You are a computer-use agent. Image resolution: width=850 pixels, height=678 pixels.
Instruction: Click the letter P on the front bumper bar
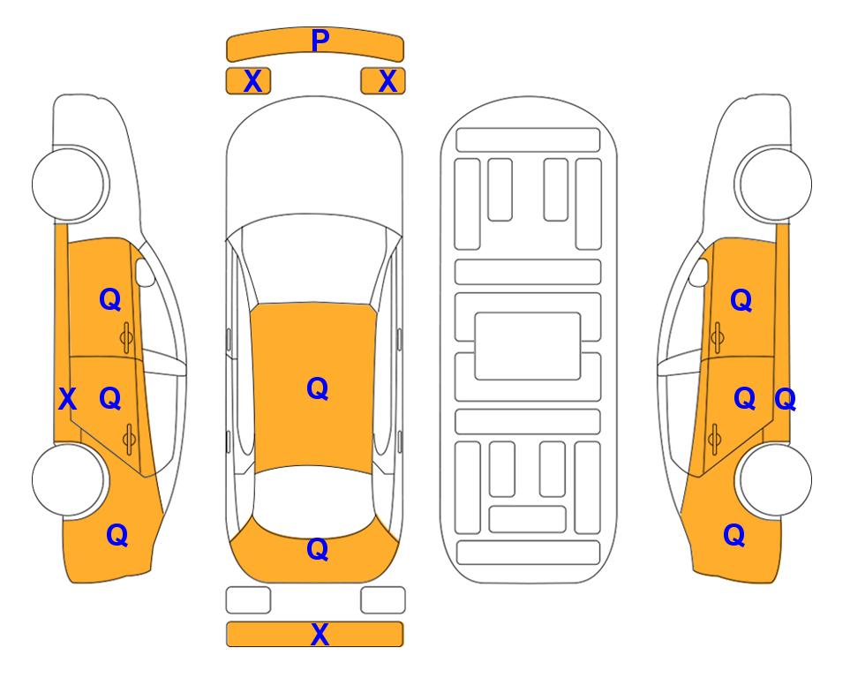[x=320, y=41]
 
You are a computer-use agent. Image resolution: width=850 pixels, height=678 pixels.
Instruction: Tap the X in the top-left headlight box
[x=252, y=81]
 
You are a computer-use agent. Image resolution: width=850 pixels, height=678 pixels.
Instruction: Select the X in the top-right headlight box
[x=387, y=81]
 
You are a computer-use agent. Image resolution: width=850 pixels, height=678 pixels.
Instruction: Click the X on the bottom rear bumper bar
[x=320, y=634]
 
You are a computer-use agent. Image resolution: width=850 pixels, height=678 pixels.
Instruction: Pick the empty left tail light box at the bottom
[x=248, y=600]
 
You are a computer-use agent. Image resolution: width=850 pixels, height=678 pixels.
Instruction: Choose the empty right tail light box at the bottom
[x=383, y=600]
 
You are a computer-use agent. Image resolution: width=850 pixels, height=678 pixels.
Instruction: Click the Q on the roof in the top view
[x=317, y=388]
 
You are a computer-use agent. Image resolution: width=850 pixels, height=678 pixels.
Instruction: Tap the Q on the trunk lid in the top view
[x=317, y=549]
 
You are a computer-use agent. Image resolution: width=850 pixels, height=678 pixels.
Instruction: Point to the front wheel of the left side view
[x=69, y=184]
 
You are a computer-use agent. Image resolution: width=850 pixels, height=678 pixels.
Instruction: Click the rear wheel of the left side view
[x=69, y=479]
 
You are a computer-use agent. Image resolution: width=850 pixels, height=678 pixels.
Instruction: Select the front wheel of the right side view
[x=775, y=184]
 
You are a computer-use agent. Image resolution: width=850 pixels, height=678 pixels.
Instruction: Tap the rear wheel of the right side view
[x=775, y=479]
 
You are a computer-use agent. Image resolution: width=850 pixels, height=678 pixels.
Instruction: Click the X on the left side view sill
[x=67, y=399]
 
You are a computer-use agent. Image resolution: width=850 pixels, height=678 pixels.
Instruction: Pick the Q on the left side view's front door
[x=110, y=299]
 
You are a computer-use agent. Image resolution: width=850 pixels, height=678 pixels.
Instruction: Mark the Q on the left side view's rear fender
[x=117, y=535]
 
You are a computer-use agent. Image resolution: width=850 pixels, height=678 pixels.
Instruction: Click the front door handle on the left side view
[x=126, y=338]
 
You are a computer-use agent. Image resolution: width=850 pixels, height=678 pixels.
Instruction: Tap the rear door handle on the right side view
[x=715, y=439]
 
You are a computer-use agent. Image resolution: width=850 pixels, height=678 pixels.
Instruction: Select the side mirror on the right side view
[x=698, y=273]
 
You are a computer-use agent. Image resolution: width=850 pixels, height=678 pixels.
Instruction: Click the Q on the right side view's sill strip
[x=785, y=400]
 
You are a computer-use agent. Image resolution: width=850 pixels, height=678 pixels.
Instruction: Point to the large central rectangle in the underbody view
[x=528, y=346]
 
